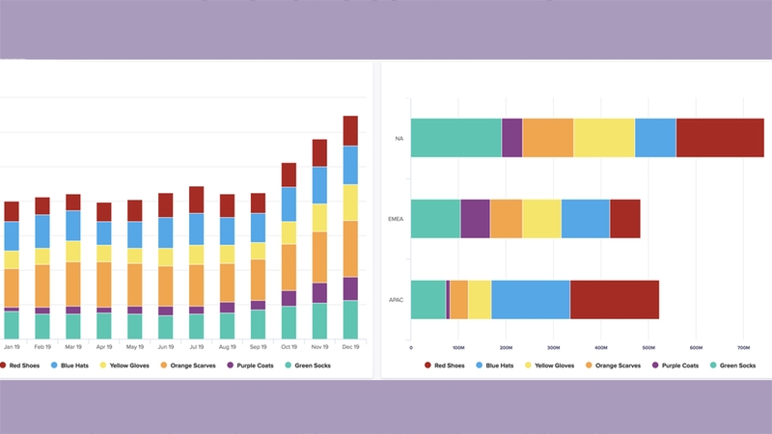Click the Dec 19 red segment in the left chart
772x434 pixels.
point(350,130)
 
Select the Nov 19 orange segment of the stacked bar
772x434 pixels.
point(319,257)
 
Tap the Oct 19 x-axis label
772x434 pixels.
point(289,346)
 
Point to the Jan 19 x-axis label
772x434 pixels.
point(12,346)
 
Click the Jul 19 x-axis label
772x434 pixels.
point(196,346)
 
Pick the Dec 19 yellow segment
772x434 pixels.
point(350,203)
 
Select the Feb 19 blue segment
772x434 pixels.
point(42,231)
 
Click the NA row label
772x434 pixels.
point(399,138)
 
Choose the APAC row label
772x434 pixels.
point(397,299)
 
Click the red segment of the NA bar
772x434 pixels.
point(719,138)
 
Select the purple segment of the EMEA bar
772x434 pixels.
point(475,219)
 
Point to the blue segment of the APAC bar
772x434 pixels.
point(530,299)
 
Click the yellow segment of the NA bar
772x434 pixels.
point(604,138)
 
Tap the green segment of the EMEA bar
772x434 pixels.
point(435,219)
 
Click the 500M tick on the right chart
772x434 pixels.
point(648,347)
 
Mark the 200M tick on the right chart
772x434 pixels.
point(506,347)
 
